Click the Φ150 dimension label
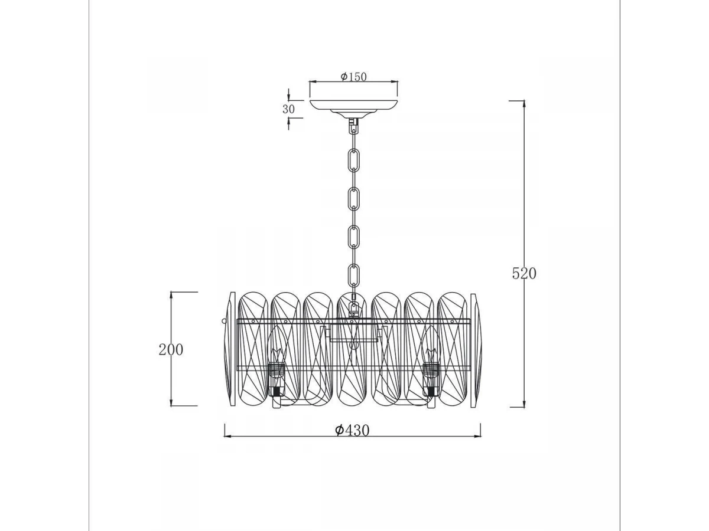tap(353, 77)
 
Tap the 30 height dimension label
tap(288, 109)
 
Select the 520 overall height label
tap(524, 273)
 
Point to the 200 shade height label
tap(171, 349)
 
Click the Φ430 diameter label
tap(352, 430)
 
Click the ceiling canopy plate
tap(353, 107)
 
